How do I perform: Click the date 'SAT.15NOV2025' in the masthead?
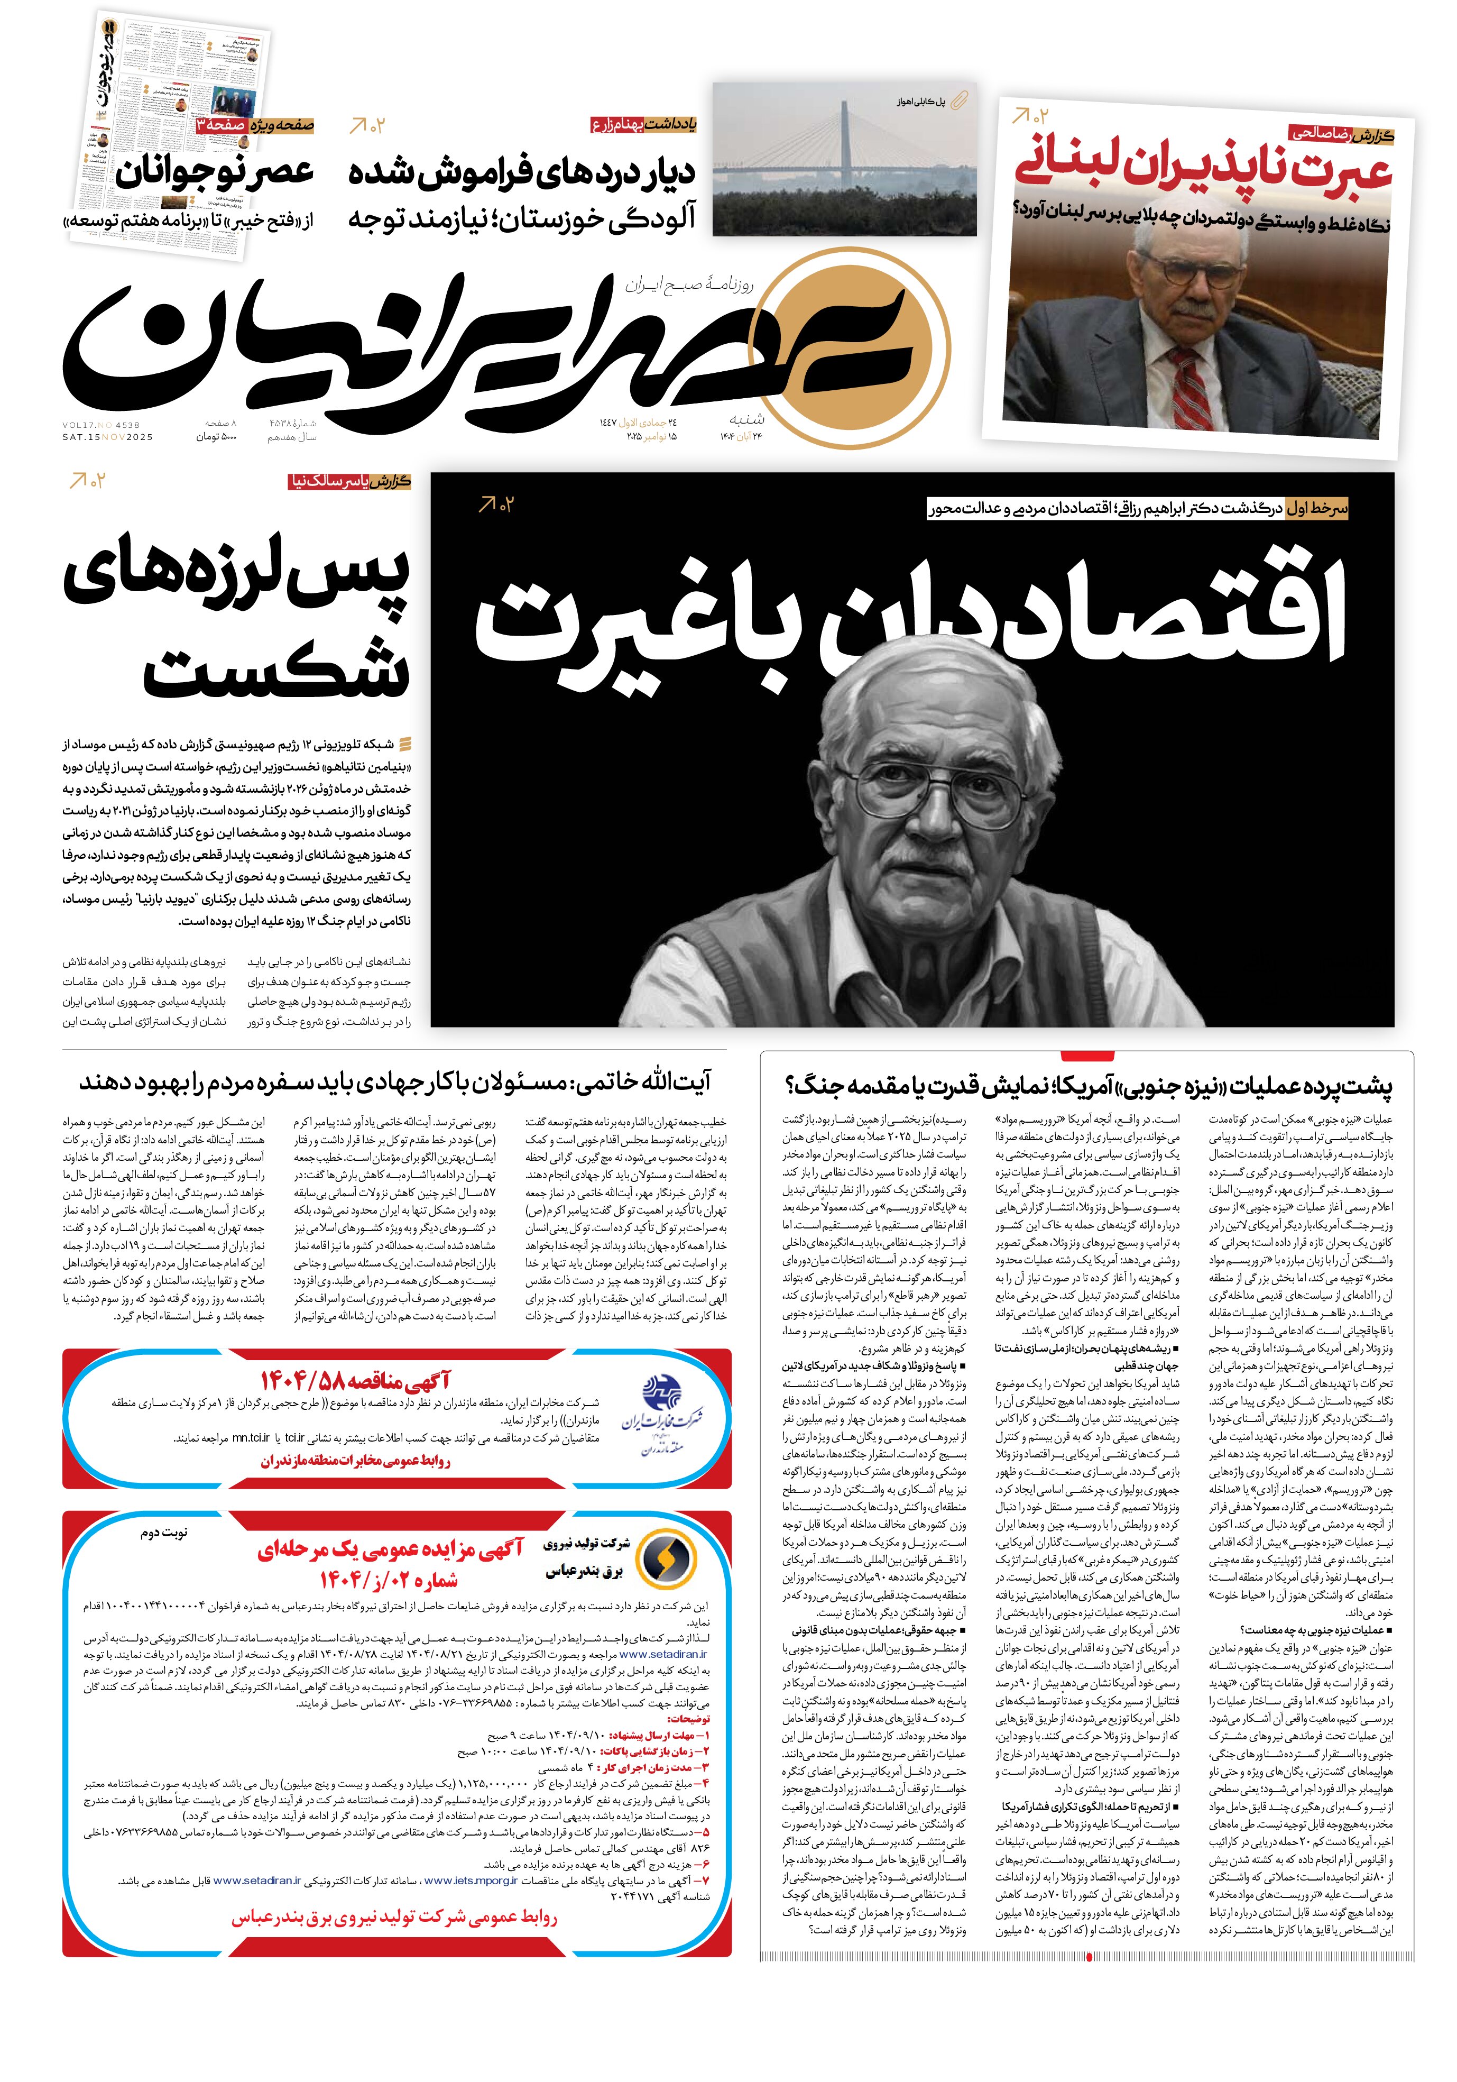click(x=108, y=437)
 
